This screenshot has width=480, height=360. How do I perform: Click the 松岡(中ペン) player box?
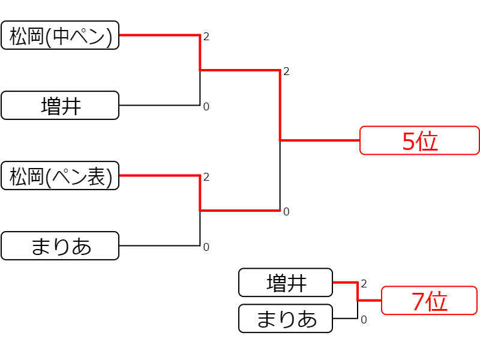[60, 35]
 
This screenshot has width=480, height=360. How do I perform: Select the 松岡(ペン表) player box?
[60, 176]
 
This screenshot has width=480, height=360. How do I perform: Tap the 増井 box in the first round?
[60, 106]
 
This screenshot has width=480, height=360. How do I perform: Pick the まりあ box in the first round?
[60, 246]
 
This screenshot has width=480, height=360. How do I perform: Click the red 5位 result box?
[419, 140]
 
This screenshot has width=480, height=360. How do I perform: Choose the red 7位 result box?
[429, 301]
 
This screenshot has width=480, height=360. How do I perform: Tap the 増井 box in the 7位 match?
[286, 283]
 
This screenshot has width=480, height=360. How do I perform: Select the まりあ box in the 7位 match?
[286, 319]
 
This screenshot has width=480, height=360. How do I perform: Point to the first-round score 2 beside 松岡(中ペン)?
[206, 37]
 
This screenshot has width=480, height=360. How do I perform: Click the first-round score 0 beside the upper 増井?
[206, 107]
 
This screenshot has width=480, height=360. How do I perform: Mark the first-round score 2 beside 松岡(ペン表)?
[206, 177]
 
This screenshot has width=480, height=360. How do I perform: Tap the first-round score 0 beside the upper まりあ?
[206, 247]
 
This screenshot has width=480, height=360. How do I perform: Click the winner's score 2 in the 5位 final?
[286, 71]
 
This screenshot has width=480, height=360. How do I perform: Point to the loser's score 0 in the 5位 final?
[286, 212]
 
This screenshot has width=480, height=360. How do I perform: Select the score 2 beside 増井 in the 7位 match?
[364, 284]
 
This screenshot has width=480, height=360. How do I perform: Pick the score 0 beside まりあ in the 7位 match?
[364, 320]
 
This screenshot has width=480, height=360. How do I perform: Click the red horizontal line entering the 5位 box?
[320, 140]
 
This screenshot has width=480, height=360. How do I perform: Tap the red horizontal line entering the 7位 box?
[370, 301]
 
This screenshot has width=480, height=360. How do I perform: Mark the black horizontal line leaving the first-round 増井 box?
[160, 106]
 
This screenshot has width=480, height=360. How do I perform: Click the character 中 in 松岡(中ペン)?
[61, 36]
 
